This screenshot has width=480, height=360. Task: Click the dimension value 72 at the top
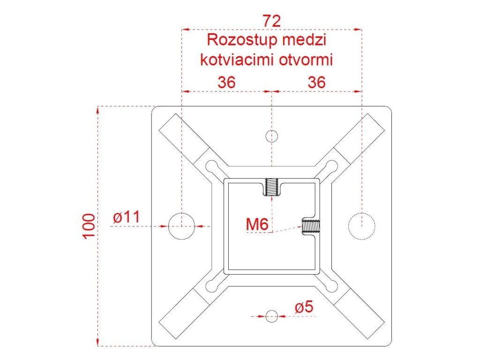[x=271, y=21]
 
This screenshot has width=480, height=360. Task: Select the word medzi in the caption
[x=304, y=39]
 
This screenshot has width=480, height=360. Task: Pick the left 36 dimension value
[x=226, y=82]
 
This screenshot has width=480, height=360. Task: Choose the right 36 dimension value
[x=316, y=82]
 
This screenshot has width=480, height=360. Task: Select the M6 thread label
[x=257, y=225]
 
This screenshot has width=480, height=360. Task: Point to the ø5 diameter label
[x=304, y=307]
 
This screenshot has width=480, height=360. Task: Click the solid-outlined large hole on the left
[x=181, y=226]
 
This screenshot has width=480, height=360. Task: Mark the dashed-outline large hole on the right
[x=361, y=226]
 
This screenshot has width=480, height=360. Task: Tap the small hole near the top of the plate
[x=272, y=136]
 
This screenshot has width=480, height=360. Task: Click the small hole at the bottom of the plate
[x=272, y=316]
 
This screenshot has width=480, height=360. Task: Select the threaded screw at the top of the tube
[x=272, y=188]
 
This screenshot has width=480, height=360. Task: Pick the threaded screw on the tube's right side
[x=310, y=226]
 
